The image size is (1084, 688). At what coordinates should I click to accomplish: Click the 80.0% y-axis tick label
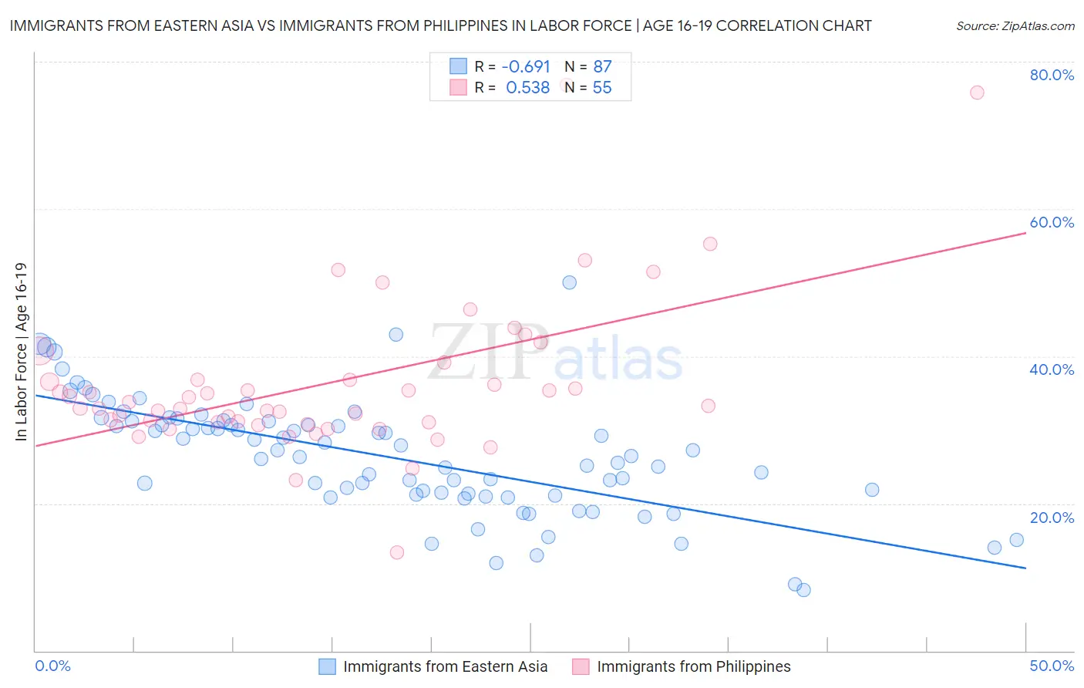tap(1052, 75)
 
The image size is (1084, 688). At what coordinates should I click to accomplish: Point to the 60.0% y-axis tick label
tap(1052, 222)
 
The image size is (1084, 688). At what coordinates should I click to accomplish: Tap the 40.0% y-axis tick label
tap(1052, 369)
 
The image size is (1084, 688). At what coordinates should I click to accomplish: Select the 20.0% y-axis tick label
tap(1052, 518)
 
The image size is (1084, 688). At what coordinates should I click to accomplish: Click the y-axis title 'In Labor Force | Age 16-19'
tap(21, 352)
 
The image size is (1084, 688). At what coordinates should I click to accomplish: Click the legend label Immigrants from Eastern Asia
tap(445, 666)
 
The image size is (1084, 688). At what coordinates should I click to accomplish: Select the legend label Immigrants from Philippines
tap(693, 666)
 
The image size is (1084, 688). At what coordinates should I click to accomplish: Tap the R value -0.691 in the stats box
tap(526, 66)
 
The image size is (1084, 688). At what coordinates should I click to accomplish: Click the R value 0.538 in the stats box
tap(527, 88)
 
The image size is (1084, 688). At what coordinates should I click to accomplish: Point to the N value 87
tap(602, 66)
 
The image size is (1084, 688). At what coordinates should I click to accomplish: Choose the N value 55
tap(602, 88)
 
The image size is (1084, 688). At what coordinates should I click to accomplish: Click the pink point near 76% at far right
tap(977, 93)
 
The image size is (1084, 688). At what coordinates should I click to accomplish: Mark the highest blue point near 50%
tap(569, 282)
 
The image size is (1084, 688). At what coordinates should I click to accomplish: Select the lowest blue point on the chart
tap(803, 590)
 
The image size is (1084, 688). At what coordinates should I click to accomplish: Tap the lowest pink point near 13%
tap(397, 552)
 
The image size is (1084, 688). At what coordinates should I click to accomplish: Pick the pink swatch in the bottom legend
tap(581, 666)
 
